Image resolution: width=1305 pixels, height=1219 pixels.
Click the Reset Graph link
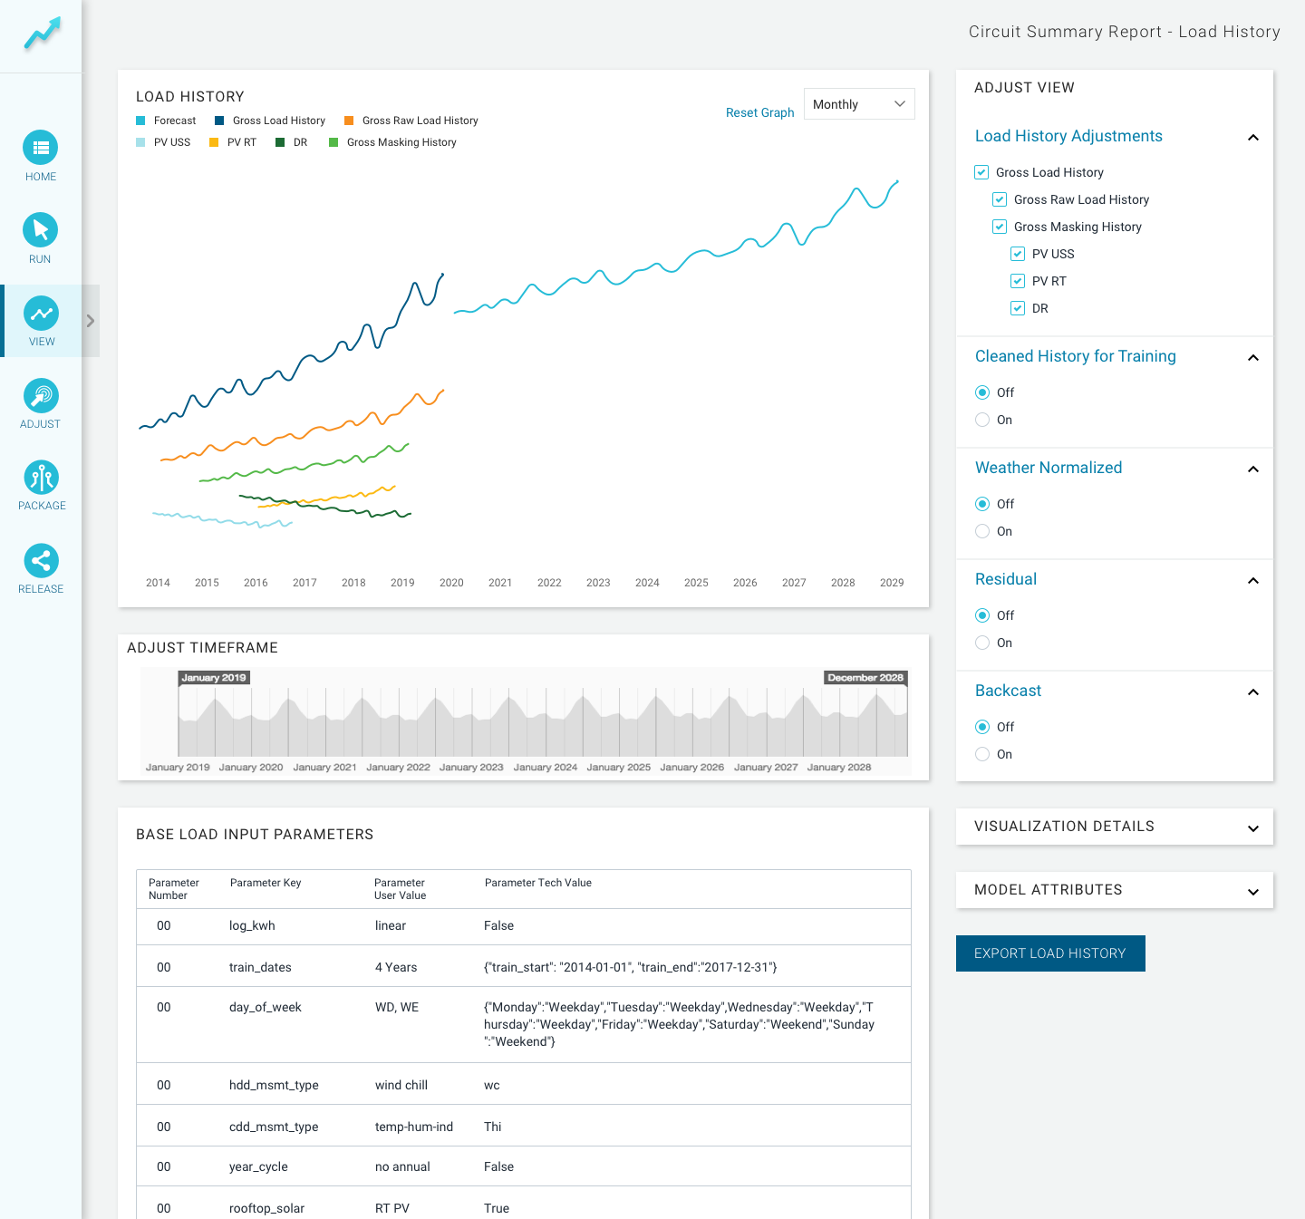(759, 112)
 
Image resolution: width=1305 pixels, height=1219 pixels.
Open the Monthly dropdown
(858, 104)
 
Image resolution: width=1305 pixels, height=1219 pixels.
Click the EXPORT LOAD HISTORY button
(1049, 953)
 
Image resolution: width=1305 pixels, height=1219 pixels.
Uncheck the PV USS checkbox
(1017, 254)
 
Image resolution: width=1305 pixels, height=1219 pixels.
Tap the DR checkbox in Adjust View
(1017, 308)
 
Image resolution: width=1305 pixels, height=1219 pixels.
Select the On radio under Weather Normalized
(981, 531)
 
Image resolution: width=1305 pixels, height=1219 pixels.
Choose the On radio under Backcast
(981, 754)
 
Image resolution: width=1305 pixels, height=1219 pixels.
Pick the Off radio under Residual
(981, 615)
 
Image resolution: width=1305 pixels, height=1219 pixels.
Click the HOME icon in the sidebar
(41, 147)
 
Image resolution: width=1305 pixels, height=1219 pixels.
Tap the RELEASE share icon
(41, 560)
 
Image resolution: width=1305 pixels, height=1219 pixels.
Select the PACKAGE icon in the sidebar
(41, 478)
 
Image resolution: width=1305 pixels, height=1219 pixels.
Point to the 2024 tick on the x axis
(646, 582)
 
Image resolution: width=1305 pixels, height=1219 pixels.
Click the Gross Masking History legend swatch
(333, 142)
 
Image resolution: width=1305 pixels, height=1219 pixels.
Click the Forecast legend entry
(166, 121)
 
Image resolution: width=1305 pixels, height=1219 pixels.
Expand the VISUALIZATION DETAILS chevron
(1252, 828)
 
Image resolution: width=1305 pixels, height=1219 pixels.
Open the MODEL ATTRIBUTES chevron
(1252, 891)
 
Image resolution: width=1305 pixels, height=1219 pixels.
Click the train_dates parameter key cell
(259, 967)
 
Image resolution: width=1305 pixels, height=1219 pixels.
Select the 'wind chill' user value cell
(401, 1084)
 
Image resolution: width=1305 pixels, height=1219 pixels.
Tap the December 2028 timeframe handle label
(865, 678)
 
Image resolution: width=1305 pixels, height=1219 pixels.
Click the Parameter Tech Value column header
(537, 883)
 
